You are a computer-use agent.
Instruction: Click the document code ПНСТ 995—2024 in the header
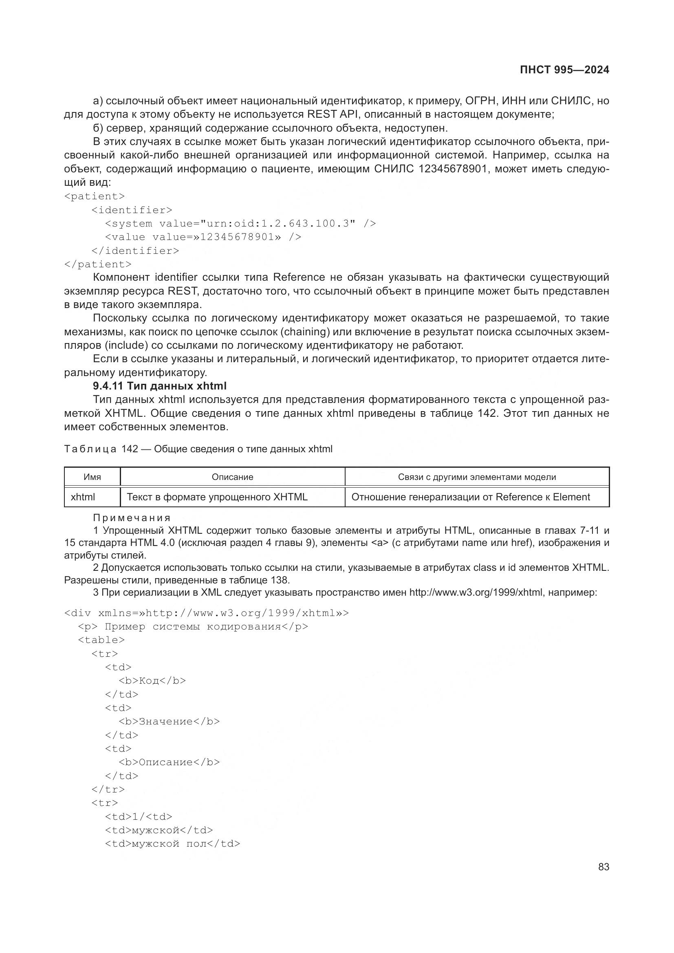pos(564,70)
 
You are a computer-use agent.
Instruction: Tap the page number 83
pos(604,867)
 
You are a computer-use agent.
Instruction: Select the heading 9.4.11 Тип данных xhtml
pos(159,386)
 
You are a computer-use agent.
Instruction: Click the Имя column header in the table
pos(92,477)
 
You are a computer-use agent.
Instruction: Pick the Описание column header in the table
pos(232,477)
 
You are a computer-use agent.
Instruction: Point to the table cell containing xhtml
pos(83,497)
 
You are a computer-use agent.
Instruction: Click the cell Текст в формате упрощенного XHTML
pos(217,497)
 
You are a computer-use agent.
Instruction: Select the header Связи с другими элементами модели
pos(477,477)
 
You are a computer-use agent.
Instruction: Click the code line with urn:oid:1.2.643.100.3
pos(240,224)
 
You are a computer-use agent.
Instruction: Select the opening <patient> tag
pos(95,196)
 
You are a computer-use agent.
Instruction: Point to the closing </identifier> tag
pos(135,251)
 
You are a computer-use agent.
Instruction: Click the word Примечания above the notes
pos(132,518)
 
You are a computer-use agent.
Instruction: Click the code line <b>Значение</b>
pos(170,722)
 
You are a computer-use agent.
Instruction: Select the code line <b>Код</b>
pos(152,681)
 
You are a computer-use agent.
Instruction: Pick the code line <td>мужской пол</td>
pos(173,843)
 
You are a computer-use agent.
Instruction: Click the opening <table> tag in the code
pos(101,640)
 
